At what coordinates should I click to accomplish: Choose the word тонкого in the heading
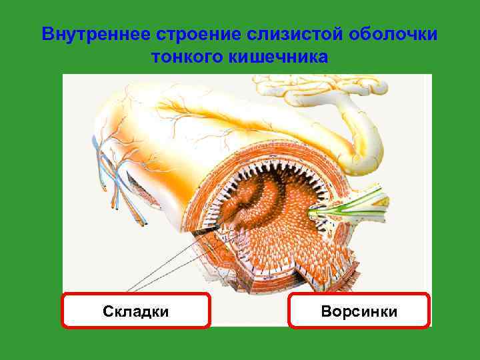pyautogui.click(x=188, y=57)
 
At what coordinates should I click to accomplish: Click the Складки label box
pyautogui.click(x=136, y=311)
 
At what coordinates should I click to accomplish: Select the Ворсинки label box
pyautogui.click(x=359, y=311)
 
